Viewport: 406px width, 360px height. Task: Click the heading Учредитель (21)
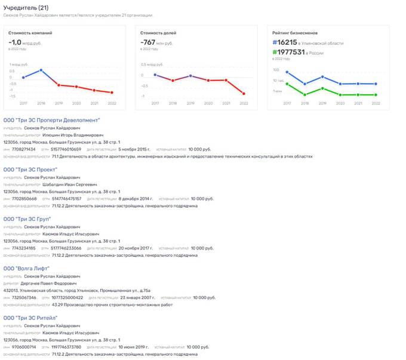[25, 7]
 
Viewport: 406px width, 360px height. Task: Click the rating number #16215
[284, 43]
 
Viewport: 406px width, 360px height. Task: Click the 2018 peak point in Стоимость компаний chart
[41, 70]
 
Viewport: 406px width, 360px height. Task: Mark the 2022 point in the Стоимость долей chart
[244, 94]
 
